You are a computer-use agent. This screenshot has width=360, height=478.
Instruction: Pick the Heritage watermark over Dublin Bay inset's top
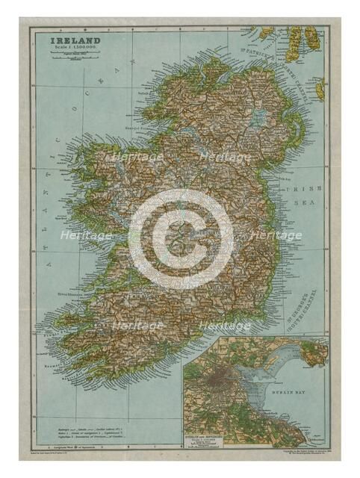224,326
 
